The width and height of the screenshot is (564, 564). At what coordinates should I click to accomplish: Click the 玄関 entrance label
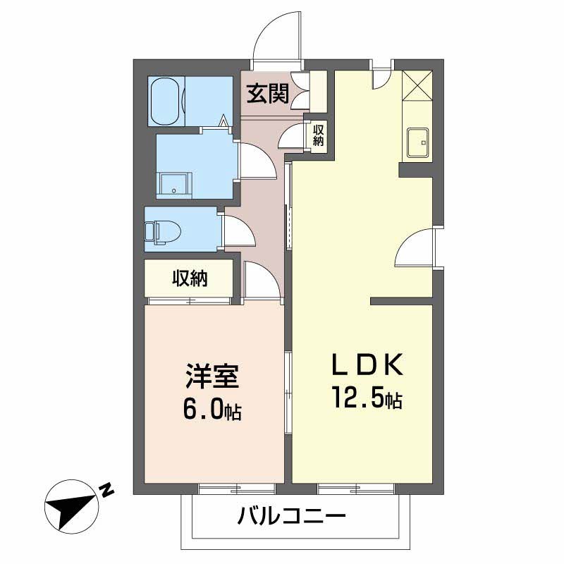pos(266,92)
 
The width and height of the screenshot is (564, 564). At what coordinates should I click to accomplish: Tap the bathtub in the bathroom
pos(166,100)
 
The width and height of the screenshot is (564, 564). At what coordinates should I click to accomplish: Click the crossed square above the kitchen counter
pos(417,88)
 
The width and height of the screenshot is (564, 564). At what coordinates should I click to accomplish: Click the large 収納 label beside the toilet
pos(189,278)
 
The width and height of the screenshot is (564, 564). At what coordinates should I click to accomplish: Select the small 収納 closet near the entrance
pos(319,133)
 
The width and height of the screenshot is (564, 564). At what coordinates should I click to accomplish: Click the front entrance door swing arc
pos(276,39)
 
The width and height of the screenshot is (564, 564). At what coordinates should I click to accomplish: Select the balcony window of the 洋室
pos(236,487)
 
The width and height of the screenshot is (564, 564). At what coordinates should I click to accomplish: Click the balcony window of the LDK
pos(355,487)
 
